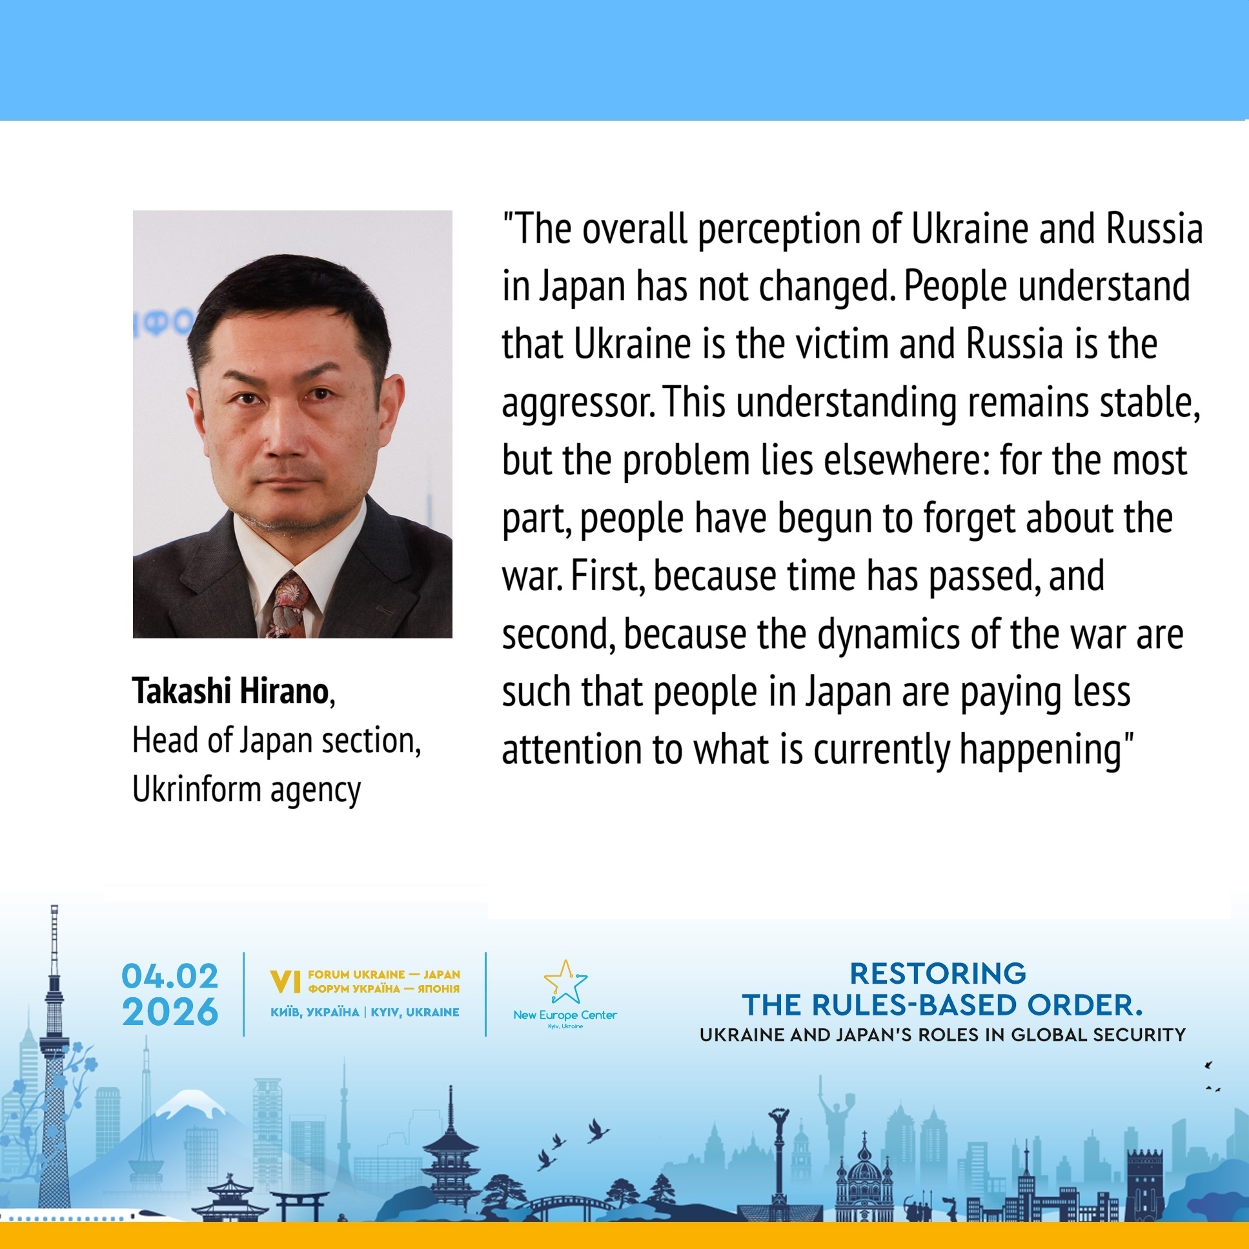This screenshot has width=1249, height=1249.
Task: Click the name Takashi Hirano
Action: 231,691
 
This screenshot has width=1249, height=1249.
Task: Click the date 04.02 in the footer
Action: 170,976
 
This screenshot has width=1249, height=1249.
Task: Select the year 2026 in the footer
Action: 170,1012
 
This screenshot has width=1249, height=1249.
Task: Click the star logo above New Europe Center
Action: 565,981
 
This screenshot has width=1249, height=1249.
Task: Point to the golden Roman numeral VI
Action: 285,982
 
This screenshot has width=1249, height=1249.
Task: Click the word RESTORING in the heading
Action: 938,973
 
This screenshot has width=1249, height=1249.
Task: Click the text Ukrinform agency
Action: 247,790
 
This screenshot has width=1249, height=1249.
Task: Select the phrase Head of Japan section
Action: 277,741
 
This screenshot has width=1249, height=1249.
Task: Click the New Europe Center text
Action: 565,1015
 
